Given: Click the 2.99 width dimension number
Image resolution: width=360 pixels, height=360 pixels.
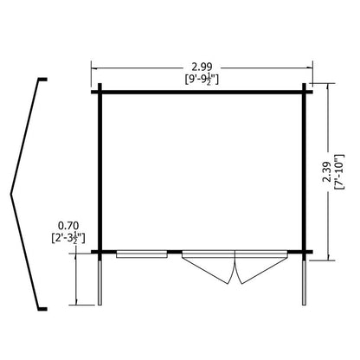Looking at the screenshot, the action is point(202,67).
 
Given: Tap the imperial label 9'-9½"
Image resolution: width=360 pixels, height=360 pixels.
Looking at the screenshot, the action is point(202,80).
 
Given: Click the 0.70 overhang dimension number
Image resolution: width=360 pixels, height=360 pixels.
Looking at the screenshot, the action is point(68,225).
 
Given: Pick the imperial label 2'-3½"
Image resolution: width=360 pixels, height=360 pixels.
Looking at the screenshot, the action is point(68,238).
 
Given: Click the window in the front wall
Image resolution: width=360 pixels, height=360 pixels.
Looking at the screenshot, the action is point(142,254).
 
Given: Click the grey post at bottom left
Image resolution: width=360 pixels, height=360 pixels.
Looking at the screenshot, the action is point(100,283).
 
